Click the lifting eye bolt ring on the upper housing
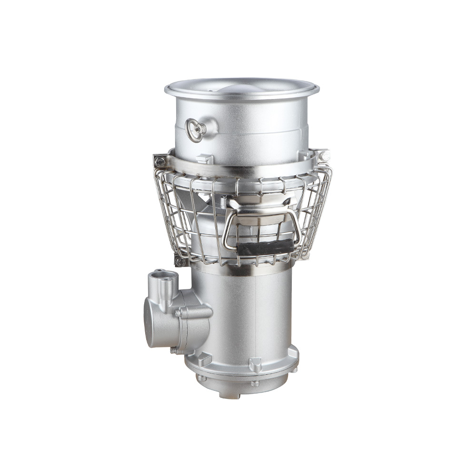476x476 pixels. click(195, 129)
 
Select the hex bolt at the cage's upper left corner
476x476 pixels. click(160, 161)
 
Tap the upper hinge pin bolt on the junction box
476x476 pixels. click(178, 313)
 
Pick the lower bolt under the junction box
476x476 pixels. click(173, 351)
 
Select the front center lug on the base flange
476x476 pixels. click(255, 364)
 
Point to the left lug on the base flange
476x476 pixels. click(204, 359)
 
